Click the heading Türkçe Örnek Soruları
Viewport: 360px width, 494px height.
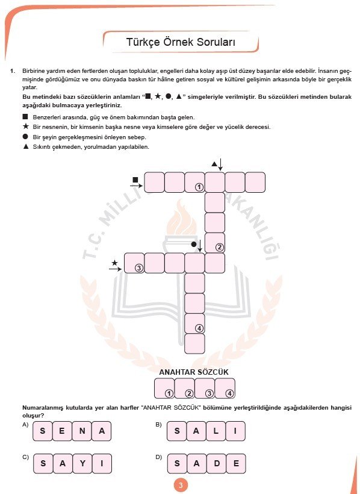pos(180,43)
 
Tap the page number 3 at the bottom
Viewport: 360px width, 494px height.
pos(180,486)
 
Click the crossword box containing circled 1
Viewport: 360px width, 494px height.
pos(194,182)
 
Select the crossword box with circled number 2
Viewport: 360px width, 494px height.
pos(215,243)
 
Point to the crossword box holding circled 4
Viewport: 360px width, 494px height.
pos(194,324)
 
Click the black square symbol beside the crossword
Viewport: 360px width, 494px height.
pos(135,180)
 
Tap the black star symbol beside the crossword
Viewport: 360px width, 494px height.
pos(114,262)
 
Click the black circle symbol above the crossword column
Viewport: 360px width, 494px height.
pos(194,244)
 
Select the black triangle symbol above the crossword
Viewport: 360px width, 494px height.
pos(214,163)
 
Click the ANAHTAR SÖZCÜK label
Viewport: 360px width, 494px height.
pos(194,372)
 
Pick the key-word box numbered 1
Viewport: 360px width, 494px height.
pos(165,389)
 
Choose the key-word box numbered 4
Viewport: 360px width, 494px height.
pos(225,389)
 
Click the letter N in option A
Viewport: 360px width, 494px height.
pos(82,431)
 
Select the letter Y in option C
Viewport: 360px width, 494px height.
pos(82,463)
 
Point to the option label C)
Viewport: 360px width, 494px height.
pos(25,457)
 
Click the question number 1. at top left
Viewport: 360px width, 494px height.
pos(12,72)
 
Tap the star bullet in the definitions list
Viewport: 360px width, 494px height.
pos(25,127)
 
